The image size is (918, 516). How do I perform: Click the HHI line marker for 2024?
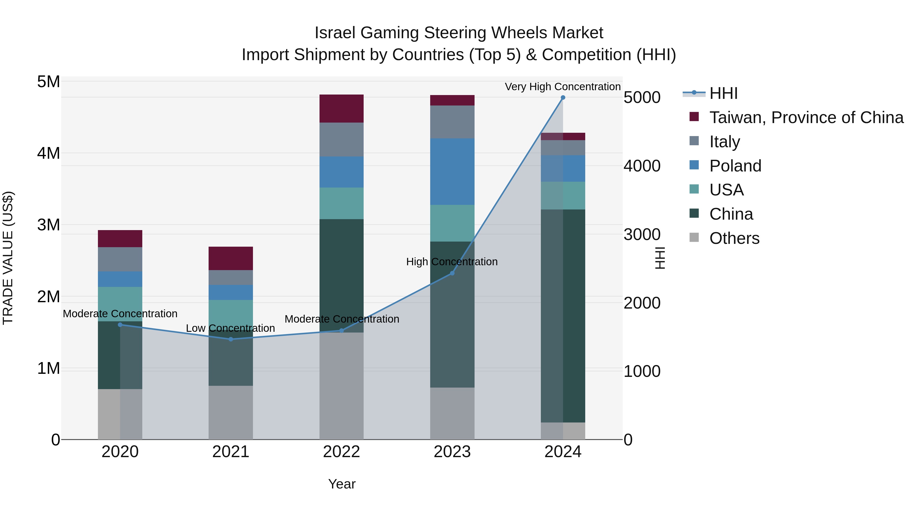pos(563,98)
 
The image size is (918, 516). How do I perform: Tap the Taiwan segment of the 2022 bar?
pos(341,109)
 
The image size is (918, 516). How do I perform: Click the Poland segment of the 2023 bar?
pos(452,172)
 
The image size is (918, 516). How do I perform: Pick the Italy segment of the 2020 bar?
pos(120,259)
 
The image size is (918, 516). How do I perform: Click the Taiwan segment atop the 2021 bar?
pos(231,258)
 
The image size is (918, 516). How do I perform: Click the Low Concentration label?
pos(230,328)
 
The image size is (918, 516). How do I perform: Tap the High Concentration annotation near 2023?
pos(452,262)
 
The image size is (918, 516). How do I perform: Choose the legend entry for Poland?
pos(735,166)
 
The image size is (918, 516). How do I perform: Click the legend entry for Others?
pos(734,238)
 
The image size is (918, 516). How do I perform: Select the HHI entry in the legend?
pos(723,93)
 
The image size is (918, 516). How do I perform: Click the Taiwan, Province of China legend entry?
pos(806,117)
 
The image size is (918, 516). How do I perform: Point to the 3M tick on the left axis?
pos(48,225)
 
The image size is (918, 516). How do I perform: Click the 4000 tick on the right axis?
pos(642,166)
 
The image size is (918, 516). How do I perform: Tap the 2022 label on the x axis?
pos(341,452)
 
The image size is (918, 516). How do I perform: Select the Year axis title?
pos(341,484)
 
